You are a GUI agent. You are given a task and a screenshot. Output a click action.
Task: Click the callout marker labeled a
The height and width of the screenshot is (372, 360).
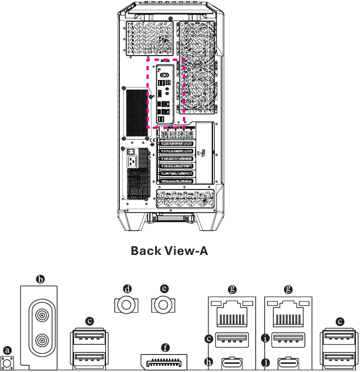tap(7, 350)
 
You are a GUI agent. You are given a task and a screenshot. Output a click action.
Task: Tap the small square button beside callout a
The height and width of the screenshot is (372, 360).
tap(8, 364)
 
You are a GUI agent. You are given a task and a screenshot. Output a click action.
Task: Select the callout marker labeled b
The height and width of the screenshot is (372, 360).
tap(41, 279)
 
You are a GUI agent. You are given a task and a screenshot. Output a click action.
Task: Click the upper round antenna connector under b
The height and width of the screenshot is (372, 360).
tap(41, 316)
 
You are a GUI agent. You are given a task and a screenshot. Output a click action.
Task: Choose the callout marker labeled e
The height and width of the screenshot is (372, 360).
tap(165, 288)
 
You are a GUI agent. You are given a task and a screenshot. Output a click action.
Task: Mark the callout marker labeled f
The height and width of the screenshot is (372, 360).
tap(166, 348)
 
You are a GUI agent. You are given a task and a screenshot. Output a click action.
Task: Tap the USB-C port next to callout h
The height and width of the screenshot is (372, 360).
tap(232, 364)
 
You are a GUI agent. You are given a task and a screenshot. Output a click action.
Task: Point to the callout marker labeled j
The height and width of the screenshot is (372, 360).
tap(266, 363)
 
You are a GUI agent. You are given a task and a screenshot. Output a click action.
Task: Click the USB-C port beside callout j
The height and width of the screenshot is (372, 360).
tap(289, 364)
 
